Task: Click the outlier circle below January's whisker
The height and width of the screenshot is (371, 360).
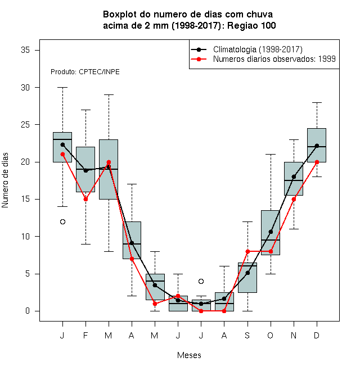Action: pyautogui.click(x=62, y=221)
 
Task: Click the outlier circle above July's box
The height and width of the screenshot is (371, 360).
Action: pyautogui.click(x=201, y=281)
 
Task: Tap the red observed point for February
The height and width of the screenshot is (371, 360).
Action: pyautogui.click(x=85, y=199)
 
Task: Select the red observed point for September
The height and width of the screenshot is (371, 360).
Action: pyautogui.click(x=247, y=251)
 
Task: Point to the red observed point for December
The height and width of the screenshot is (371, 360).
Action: pyautogui.click(x=317, y=162)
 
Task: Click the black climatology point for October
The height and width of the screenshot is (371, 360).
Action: pyautogui.click(x=271, y=232)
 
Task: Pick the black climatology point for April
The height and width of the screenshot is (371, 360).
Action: pyautogui.click(x=132, y=243)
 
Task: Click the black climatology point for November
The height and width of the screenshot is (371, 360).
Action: pyautogui.click(x=294, y=177)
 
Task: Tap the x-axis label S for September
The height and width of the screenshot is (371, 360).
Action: pyautogui.click(x=247, y=335)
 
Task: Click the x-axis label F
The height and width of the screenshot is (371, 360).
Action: pyautogui.click(x=85, y=335)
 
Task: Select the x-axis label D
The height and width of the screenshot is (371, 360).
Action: pyautogui.click(x=317, y=335)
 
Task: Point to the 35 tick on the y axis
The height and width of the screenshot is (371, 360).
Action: pyautogui.click(x=25, y=50)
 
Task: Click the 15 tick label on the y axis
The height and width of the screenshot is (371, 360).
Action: pyautogui.click(x=25, y=199)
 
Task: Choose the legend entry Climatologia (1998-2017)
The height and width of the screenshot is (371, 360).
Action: pyautogui.click(x=258, y=49)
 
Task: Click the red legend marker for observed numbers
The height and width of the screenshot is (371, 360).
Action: pyautogui.click(x=199, y=59)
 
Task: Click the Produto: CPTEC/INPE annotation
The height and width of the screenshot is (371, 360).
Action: pyautogui.click(x=85, y=72)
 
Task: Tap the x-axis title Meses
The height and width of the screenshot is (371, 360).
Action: pyautogui.click(x=189, y=355)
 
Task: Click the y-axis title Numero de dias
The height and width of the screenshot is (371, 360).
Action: pyautogui.click(x=5, y=180)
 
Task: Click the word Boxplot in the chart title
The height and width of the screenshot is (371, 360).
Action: pyautogui.click(x=120, y=15)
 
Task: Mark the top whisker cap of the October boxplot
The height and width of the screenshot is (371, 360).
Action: pyautogui.click(x=271, y=154)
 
